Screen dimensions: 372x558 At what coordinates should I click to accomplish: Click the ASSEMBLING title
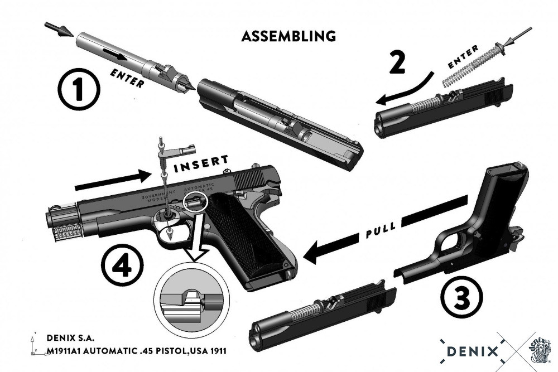coord(288,36)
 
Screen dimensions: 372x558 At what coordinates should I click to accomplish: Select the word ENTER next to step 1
coord(127,79)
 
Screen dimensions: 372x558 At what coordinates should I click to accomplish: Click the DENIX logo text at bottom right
coord(472,351)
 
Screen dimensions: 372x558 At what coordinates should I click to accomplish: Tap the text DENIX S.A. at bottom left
coord(71,338)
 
